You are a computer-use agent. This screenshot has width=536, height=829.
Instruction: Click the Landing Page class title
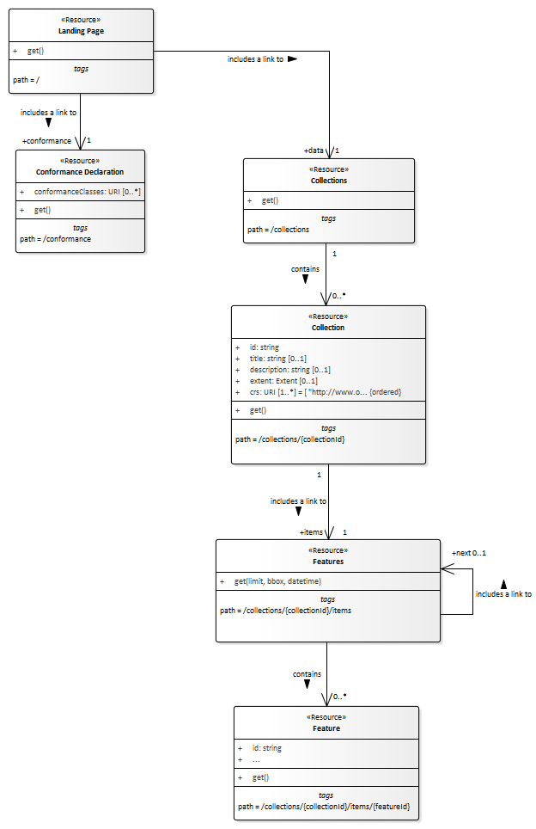tap(81, 31)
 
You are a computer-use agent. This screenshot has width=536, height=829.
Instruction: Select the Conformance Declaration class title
tap(80, 172)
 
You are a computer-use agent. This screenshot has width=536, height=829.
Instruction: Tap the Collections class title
tap(329, 181)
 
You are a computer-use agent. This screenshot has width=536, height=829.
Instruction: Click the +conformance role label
tap(46, 140)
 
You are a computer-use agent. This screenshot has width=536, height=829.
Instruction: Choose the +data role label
tap(314, 150)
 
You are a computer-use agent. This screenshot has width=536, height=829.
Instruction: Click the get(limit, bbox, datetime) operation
tap(277, 582)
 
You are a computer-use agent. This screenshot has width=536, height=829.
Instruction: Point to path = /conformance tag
tap(56, 239)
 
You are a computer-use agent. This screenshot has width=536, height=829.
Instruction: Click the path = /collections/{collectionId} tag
tap(290, 439)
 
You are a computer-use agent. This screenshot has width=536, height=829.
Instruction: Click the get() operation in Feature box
tap(260, 777)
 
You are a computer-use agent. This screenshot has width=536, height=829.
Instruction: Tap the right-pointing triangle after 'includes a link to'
tap(292, 59)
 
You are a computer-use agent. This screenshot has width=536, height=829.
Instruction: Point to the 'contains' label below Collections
tap(305, 269)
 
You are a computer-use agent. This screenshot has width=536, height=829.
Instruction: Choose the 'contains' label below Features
tap(307, 674)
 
